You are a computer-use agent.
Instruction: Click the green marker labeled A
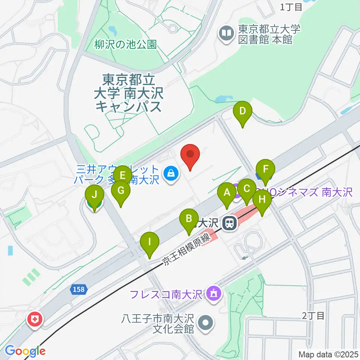coord(226,193)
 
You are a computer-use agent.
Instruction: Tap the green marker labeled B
coord(189,219)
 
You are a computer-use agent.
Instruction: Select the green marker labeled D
coord(243,111)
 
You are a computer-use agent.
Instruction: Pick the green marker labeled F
coord(265,169)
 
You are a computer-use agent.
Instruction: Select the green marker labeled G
coord(121,190)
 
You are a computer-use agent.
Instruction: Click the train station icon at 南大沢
coord(229,224)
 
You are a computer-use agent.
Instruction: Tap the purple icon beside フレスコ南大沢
coord(213,292)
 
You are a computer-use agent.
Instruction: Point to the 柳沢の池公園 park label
coord(126,45)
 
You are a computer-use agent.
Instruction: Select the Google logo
coord(25,351)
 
